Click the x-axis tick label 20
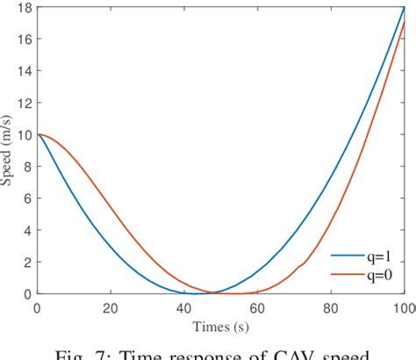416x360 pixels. [x=110, y=307]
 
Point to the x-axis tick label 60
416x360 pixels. [x=257, y=307]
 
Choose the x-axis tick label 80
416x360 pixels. [x=331, y=307]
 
